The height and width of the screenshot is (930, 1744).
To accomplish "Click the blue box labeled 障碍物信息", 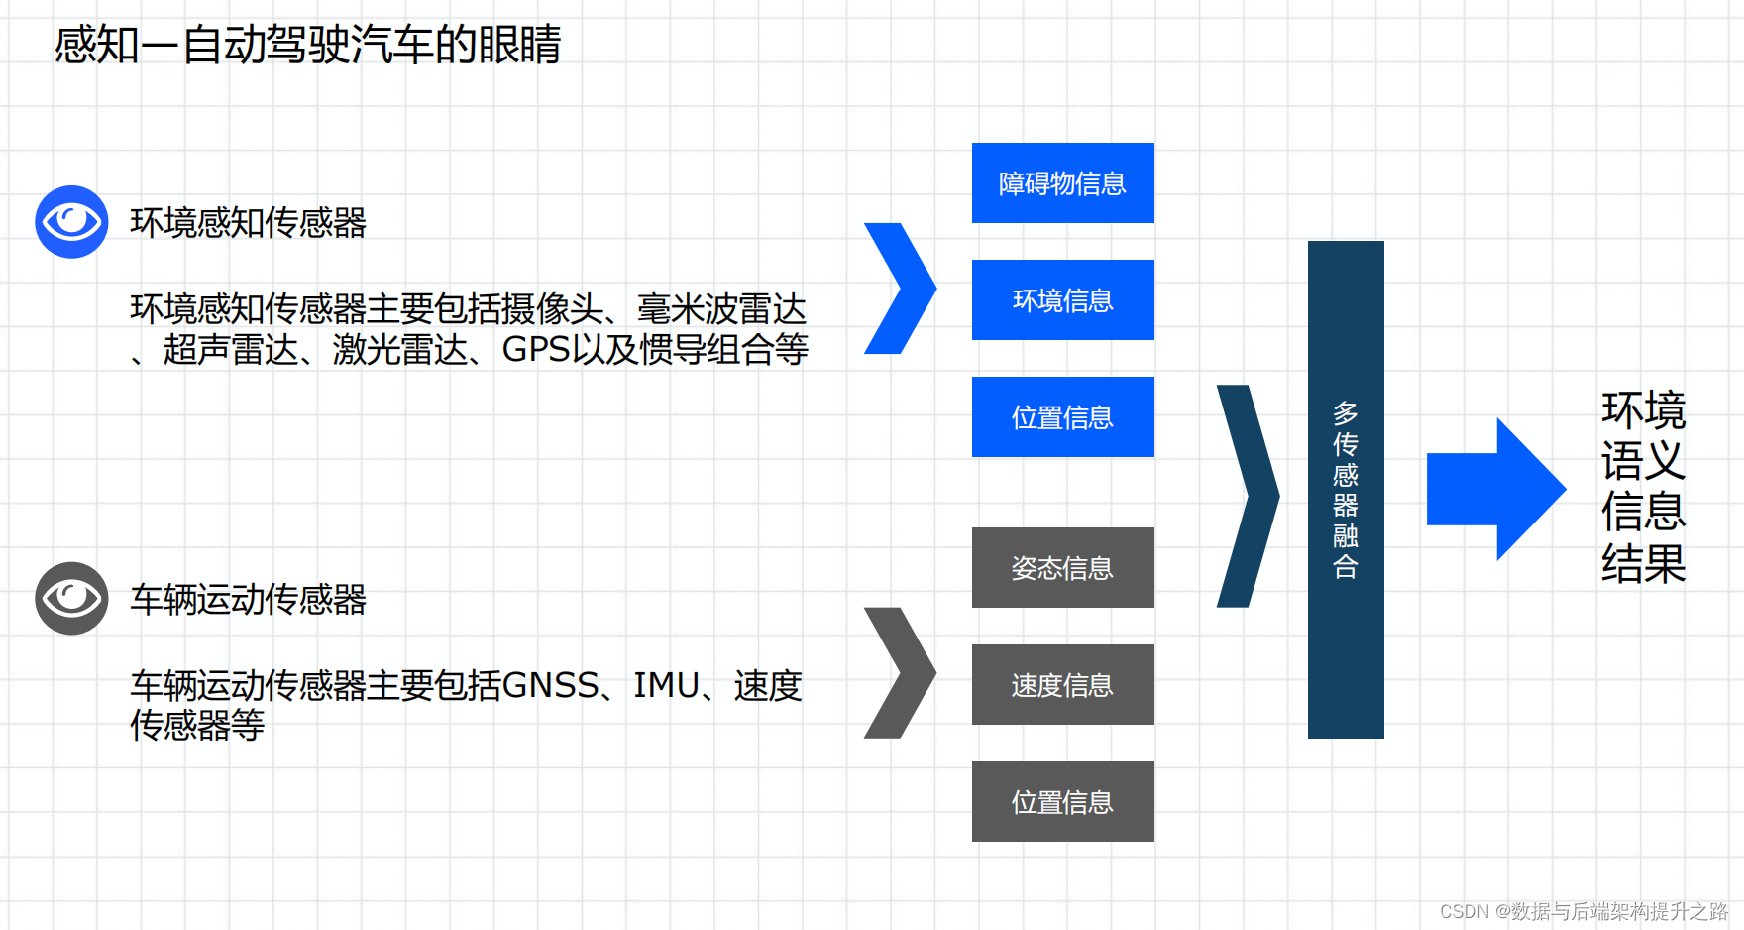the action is tap(1062, 183).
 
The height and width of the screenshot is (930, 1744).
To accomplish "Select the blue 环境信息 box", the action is tap(1062, 300).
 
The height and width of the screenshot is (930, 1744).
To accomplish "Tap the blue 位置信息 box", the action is tap(1062, 417).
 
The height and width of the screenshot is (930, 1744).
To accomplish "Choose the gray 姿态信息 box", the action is tap(1062, 568).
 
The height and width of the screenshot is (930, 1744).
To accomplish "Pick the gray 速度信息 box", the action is tap(1062, 685).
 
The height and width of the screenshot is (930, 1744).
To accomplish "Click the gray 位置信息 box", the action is tap(1062, 802).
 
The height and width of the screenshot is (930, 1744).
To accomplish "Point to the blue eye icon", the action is tap(71, 222).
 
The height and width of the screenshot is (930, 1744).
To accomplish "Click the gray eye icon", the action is tap(71, 599).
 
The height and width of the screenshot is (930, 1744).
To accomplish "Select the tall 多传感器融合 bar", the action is tap(1346, 490).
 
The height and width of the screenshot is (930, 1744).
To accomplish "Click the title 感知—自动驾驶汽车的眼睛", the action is tap(307, 46).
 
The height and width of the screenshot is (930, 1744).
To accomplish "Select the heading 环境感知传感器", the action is tap(248, 223).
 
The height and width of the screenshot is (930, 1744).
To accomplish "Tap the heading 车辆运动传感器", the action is tap(248, 600).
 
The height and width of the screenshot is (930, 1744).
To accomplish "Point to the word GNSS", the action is tap(551, 686).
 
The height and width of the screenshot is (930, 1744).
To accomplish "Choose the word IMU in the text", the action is tap(666, 686).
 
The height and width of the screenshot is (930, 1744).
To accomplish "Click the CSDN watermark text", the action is tap(1583, 911).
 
